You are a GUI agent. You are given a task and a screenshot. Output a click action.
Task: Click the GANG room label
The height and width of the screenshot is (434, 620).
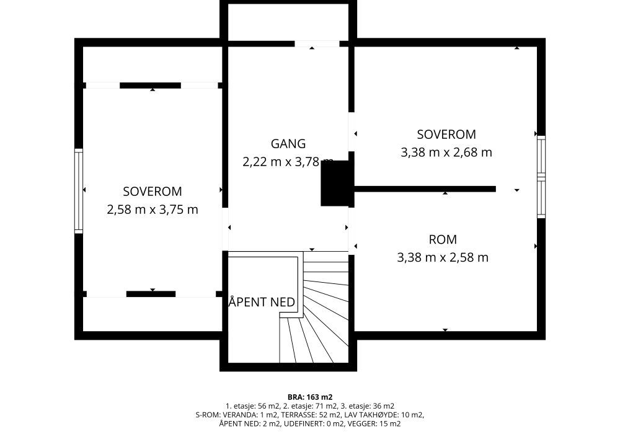pyautogui.click(x=288, y=143)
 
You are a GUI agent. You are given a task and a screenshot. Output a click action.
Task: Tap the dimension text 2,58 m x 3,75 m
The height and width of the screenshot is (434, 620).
pyautogui.click(x=153, y=210)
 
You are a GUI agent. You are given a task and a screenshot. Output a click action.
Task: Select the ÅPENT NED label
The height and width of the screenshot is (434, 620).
pyautogui.click(x=262, y=302)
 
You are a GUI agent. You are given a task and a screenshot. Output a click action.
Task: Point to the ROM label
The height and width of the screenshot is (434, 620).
pyautogui.click(x=443, y=239)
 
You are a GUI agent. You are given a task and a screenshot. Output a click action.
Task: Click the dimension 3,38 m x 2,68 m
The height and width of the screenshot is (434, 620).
pyautogui.click(x=446, y=152)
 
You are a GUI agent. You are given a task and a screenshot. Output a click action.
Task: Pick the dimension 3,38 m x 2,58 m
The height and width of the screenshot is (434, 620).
pyautogui.click(x=443, y=257)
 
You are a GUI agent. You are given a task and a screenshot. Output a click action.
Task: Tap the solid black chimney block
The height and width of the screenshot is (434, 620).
pyautogui.click(x=335, y=184)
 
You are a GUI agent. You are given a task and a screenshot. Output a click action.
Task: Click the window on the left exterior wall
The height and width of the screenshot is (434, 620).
pyautogui.click(x=79, y=191)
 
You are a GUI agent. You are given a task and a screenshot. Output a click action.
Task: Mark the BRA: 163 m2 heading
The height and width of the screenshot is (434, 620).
pyautogui.click(x=310, y=397)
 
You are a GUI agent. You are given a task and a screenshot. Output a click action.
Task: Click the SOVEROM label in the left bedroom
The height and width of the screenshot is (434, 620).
pyautogui.click(x=153, y=192)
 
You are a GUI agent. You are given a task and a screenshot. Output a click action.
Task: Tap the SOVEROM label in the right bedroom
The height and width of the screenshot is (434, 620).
pyautogui.click(x=446, y=135)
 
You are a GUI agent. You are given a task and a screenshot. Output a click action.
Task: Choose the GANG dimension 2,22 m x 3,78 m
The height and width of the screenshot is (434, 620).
pyautogui.click(x=288, y=162)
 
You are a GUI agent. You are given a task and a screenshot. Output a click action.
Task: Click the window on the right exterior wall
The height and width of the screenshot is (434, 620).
pyautogui.click(x=541, y=177)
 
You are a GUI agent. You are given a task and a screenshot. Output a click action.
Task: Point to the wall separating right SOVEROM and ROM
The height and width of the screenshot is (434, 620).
pyautogui.click(x=425, y=189)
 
